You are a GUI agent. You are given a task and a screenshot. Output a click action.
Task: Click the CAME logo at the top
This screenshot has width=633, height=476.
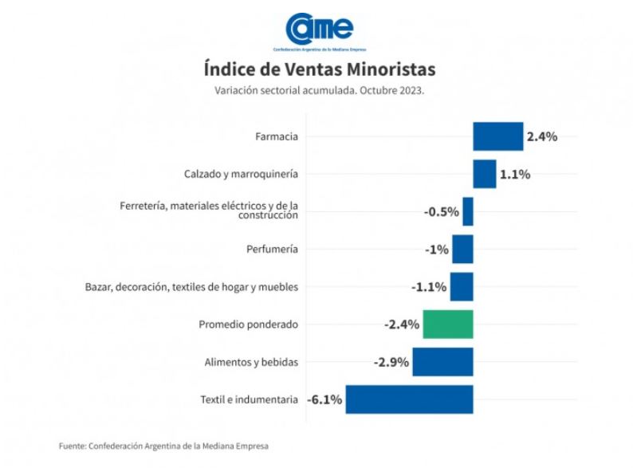(x=319, y=30)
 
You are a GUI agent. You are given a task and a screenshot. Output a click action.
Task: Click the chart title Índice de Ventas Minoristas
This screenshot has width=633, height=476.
(x=319, y=69)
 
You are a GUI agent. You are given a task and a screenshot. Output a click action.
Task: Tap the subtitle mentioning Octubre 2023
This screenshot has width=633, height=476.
(x=319, y=90)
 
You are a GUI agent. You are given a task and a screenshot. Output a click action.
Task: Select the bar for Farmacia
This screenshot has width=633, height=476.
(x=497, y=136)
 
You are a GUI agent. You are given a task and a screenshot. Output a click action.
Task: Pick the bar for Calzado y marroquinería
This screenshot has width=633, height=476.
(x=484, y=174)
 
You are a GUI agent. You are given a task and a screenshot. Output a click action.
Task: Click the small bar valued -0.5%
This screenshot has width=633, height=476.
(x=468, y=211)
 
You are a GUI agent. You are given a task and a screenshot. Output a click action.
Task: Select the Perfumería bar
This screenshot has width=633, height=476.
(x=462, y=249)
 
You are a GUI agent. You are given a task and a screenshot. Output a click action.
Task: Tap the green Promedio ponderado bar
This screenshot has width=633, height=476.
(x=447, y=325)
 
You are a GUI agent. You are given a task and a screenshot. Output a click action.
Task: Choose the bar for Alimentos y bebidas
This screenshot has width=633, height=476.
(x=442, y=362)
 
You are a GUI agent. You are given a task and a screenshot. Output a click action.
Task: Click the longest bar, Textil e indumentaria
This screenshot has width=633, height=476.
(x=409, y=399)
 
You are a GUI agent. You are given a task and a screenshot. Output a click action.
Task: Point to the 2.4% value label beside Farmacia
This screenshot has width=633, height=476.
(x=541, y=136)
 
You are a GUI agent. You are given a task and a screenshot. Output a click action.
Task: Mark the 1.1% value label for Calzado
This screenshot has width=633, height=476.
(x=515, y=174)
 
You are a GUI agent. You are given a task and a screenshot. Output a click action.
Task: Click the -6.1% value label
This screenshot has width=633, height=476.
(x=324, y=399)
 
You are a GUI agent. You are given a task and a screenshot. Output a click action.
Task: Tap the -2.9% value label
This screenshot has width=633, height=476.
(x=391, y=362)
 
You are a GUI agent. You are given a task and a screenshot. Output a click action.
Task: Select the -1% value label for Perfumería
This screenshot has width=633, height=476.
(x=437, y=249)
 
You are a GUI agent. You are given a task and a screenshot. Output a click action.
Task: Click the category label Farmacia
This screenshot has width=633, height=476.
(x=277, y=136)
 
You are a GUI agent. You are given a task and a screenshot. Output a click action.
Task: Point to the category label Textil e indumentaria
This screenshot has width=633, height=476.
(x=250, y=399)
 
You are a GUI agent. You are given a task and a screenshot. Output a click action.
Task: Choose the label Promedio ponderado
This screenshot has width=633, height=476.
(x=248, y=325)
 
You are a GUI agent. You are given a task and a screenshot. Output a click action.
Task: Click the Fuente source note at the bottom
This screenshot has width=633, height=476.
(x=163, y=446)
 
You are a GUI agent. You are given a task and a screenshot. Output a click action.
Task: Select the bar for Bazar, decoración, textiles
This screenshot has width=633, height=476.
(x=462, y=287)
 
